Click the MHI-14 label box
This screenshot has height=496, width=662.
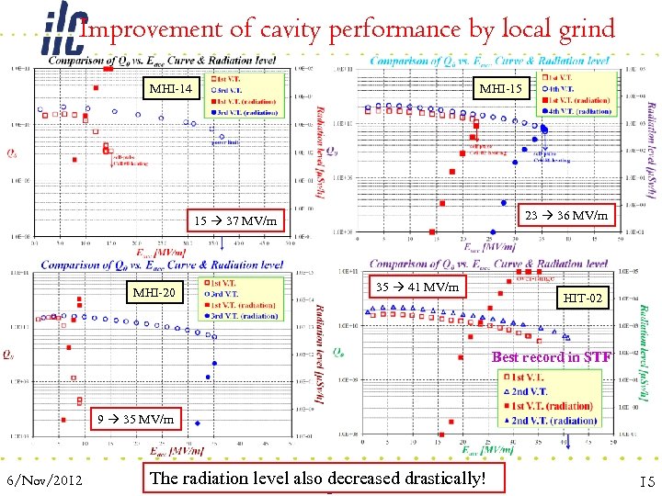click(x=174, y=89)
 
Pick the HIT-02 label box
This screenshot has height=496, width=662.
click(x=583, y=299)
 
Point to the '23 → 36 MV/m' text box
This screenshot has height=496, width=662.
click(x=565, y=215)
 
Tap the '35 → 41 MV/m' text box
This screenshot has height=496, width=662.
click(x=418, y=287)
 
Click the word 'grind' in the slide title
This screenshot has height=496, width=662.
click(x=585, y=29)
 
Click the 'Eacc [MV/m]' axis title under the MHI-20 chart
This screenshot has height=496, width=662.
click(x=177, y=449)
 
